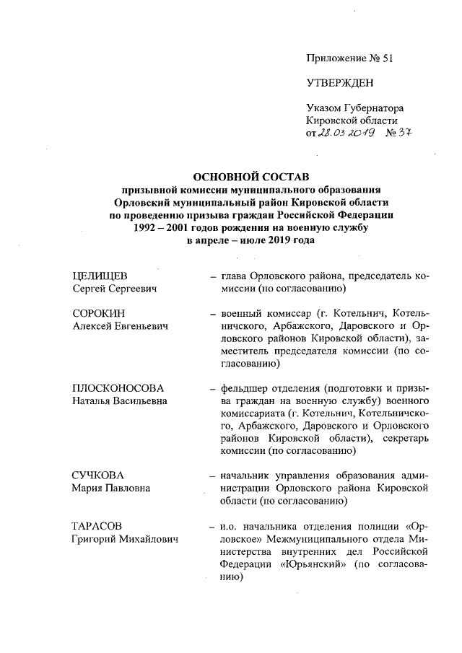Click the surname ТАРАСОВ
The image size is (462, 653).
100,526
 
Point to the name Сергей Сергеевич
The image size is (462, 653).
115,289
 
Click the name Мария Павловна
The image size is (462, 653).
111,488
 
